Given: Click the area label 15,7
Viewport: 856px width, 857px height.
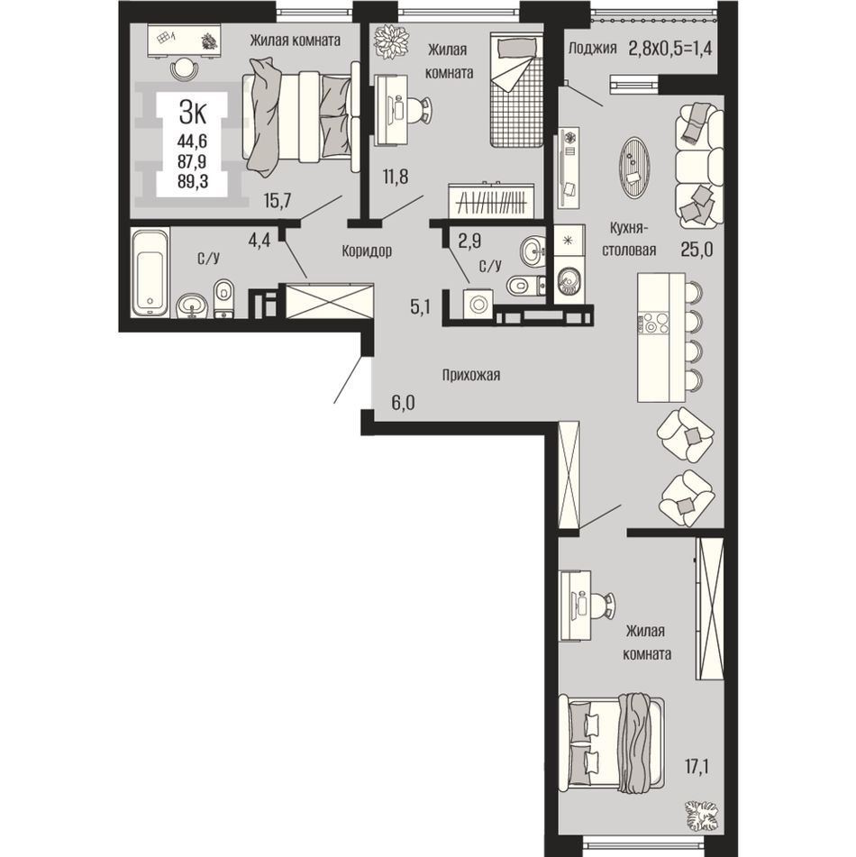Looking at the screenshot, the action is [x=278, y=201].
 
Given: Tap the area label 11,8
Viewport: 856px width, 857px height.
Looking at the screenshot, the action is [x=396, y=178].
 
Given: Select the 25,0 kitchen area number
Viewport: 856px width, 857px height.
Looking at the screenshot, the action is [x=697, y=250].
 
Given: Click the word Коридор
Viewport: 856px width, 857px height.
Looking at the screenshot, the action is [x=367, y=251].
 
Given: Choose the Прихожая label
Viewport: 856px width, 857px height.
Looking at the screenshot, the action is [x=471, y=375].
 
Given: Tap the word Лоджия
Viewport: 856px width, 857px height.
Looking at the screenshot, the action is [x=593, y=48].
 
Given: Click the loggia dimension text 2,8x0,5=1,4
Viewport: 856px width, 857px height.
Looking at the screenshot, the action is [x=670, y=48].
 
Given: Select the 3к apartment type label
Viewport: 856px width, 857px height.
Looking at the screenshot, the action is [x=193, y=114].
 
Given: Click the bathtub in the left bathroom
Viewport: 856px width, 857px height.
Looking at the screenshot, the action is [x=150, y=272].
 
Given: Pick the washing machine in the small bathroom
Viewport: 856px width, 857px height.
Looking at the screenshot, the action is [x=478, y=304].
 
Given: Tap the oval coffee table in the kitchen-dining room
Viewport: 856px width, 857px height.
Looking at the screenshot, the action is [x=634, y=168].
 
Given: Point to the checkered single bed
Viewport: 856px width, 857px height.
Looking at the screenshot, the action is [x=516, y=89].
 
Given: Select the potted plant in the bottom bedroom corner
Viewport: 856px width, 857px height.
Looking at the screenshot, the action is [x=702, y=816].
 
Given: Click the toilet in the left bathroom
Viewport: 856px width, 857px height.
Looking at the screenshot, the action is [x=223, y=298].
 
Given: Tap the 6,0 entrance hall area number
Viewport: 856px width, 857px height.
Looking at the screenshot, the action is [x=403, y=403].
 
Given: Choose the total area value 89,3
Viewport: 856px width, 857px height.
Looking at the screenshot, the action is [x=193, y=181].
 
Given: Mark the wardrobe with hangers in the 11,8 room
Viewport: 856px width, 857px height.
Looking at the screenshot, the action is [x=491, y=201].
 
